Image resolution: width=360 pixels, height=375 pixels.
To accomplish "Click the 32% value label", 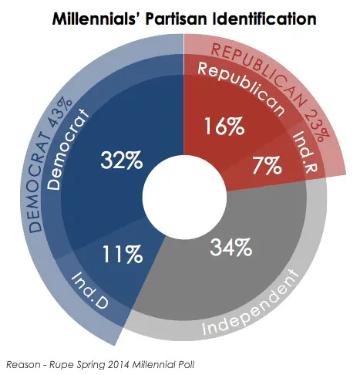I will [x=121, y=161].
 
